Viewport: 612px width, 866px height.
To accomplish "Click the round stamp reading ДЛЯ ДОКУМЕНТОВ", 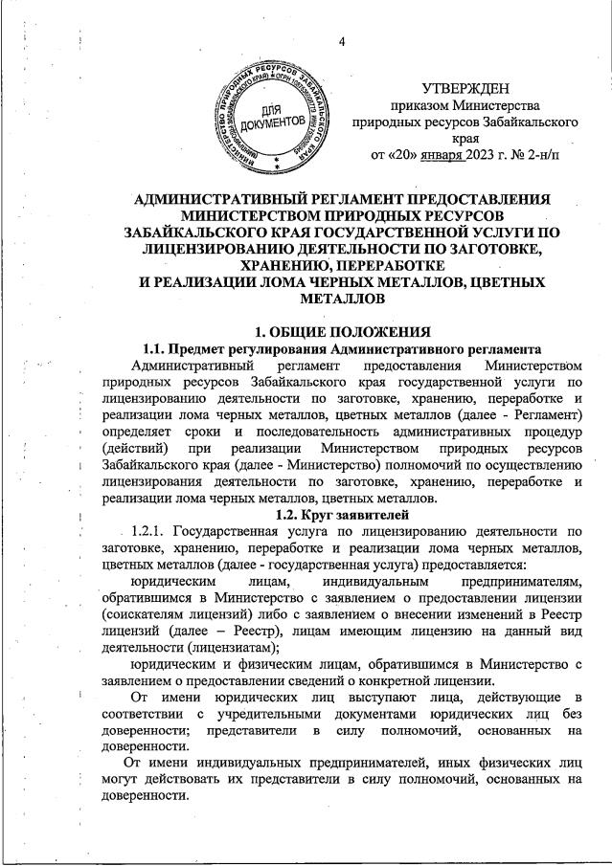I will point(273,117).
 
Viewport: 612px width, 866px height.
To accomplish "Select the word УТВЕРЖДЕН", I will point(465,88).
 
